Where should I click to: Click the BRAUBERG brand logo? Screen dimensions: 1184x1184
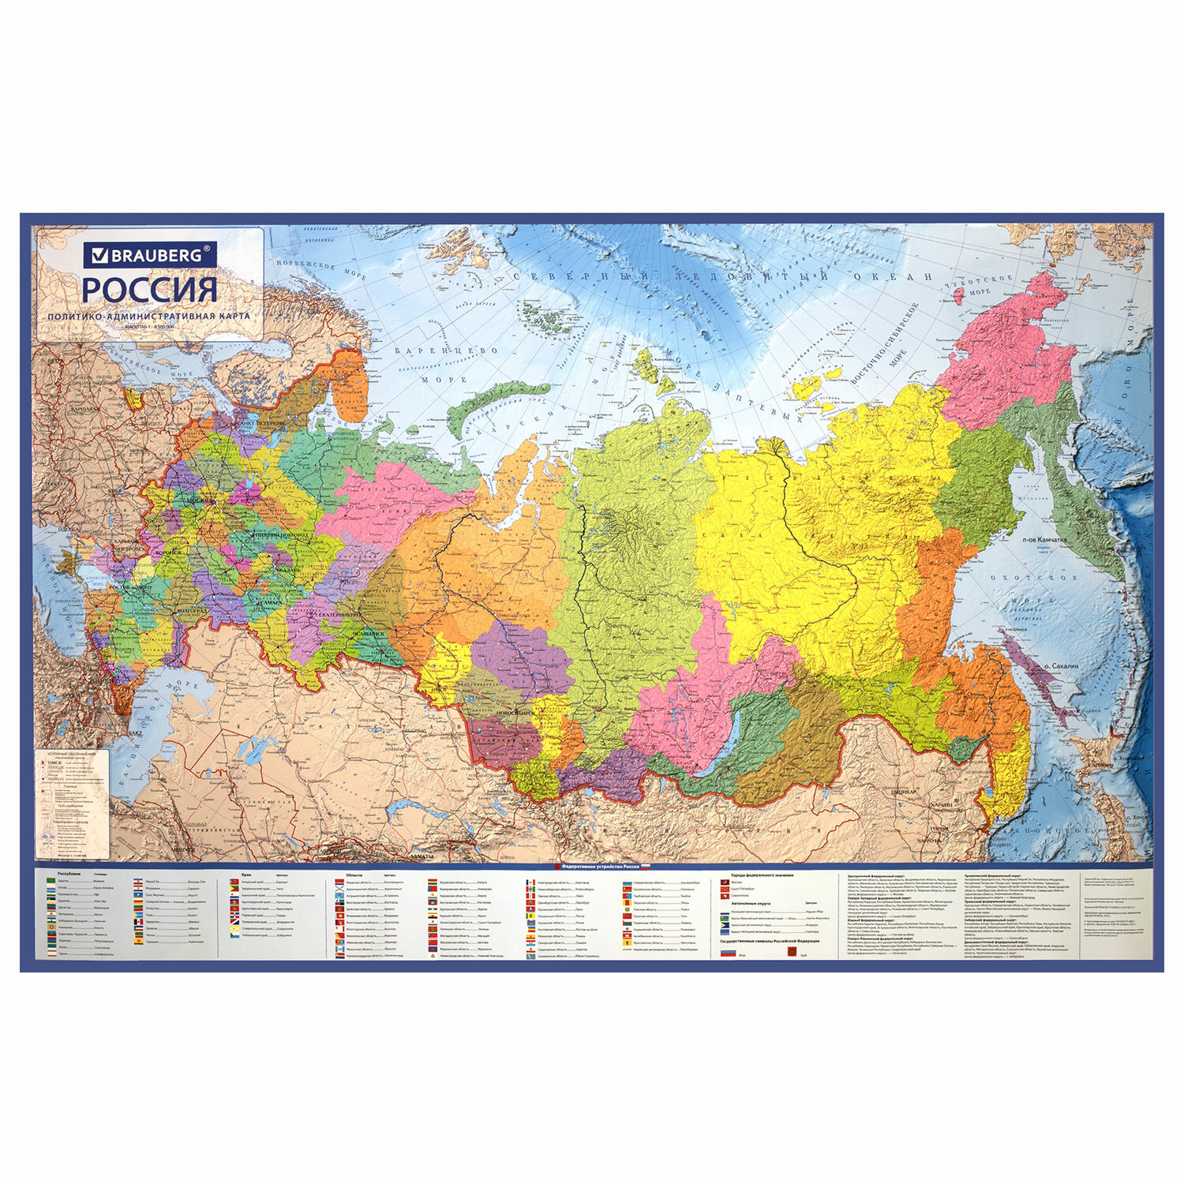pos(150,256)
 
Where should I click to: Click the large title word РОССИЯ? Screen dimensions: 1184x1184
pos(150,289)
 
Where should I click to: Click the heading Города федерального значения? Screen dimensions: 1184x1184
pos(762,875)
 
